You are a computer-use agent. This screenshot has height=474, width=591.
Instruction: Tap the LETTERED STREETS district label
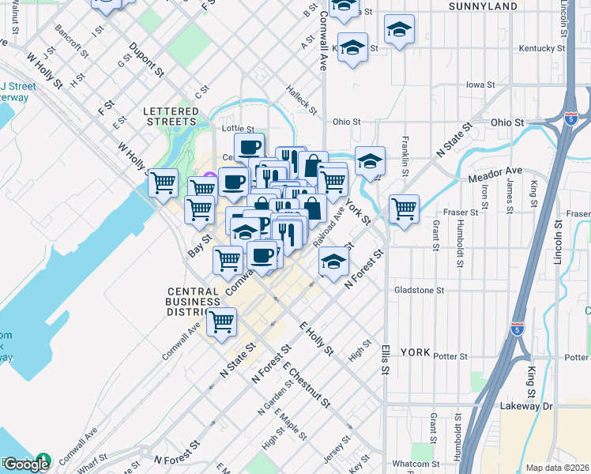(170, 117)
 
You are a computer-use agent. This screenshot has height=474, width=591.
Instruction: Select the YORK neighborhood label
(415, 352)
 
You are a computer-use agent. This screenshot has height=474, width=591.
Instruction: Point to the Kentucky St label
(542, 48)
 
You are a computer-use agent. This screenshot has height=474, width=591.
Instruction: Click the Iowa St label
(480, 84)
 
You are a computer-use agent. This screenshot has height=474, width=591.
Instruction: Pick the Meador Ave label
(495, 171)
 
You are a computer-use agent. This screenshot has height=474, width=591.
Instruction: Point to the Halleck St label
(301, 98)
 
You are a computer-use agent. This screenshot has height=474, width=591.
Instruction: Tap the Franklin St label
(405, 156)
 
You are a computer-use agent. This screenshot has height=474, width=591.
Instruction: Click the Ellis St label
(385, 359)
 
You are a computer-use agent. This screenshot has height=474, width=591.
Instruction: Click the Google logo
(25, 464)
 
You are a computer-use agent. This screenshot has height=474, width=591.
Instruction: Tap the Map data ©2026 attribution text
(558, 468)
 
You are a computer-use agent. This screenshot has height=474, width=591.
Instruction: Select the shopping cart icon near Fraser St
(405, 209)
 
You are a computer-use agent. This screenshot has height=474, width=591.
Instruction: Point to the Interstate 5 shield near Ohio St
(570, 118)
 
